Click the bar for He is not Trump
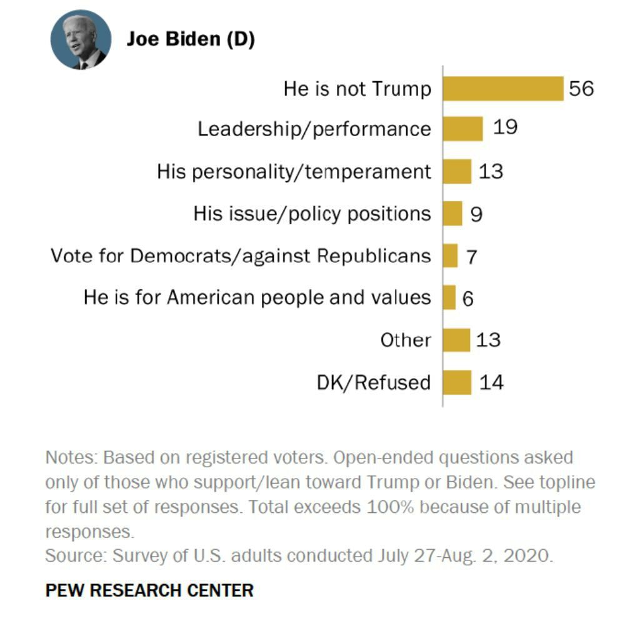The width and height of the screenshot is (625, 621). [x=503, y=89]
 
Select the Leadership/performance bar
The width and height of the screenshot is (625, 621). [x=462, y=129]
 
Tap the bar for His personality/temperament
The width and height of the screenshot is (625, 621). [x=457, y=171]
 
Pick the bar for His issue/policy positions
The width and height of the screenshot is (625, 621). [x=452, y=214]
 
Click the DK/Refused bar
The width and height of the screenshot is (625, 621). [x=457, y=382]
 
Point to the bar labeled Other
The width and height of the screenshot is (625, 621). [x=456, y=340]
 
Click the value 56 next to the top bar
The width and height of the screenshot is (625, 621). [x=581, y=89]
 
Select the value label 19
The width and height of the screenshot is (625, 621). [x=505, y=127]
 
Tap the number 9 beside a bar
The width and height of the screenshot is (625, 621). [x=476, y=214]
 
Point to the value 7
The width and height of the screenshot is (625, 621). [x=471, y=257]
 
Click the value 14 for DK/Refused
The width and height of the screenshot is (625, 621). [x=491, y=382]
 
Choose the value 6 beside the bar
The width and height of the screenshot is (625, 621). [x=467, y=299]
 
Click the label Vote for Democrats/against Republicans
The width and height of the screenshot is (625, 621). [x=241, y=256]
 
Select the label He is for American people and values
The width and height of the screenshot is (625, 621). [x=257, y=297]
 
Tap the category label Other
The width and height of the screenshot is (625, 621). [x=406, y=340]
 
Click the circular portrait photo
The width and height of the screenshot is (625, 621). [x=81, y=40]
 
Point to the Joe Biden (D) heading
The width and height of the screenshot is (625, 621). [x=191, y=39]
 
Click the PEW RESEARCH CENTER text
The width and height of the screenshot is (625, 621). [x=149, y=590]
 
